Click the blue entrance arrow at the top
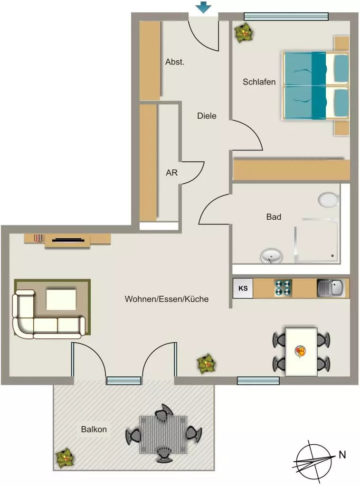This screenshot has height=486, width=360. pos(203,7)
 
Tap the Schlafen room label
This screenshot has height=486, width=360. pos(259,82)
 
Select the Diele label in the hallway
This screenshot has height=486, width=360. pos(207,116)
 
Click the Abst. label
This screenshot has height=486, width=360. pos(175,62)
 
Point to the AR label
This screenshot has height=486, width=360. pos(172,173)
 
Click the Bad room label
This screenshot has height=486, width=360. pos(274,217)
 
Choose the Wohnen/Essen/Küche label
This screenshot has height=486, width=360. pos(167,299)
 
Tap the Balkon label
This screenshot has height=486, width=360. pos(94,429)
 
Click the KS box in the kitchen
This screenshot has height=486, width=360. pos(243,288)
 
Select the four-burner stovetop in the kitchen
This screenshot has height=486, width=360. pos(283,288)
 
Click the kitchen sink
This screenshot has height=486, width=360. pos(331,288)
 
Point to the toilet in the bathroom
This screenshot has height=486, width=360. pos(329,200)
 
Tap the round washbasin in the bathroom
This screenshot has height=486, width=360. pos(271,256)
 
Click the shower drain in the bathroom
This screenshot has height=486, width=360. pos(332,256)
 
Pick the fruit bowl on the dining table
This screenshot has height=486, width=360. pos(301,351)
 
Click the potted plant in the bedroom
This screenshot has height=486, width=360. pos(244,32)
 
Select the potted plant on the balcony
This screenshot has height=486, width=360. pos(65,458)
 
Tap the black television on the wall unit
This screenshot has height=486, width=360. pos(68,240)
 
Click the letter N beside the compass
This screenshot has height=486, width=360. pos(342,455)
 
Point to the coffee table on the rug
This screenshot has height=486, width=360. pos(61,299)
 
